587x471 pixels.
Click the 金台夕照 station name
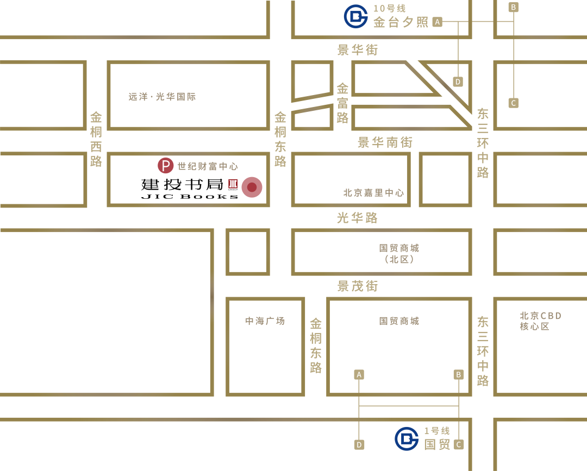click(x=401, y=22)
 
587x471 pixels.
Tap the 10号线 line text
click(x=389, y=8)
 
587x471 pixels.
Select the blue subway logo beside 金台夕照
click(x=356, y=16)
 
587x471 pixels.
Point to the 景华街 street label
click(x=357, y=50)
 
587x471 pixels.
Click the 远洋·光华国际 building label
click(x=162, y=97)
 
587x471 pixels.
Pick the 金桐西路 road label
click(x=96, y=139)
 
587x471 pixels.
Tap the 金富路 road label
click(x=342, y=103)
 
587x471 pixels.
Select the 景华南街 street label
click(x=385, y=142)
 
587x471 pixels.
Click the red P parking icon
click(x=166, y=166)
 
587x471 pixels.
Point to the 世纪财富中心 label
click(x=208, y=166)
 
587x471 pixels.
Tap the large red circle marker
click(x=252, y=187)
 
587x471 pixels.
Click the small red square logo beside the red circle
click(x=233, y=184)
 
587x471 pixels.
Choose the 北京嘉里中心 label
click(x=374, y=193)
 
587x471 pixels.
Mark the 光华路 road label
click(x=357, y=218)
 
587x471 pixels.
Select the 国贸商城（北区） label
click(x=399, y=253)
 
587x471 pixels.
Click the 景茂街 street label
click(x=357, y=286)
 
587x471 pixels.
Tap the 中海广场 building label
click(x=265, y=321)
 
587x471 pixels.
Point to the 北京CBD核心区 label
click(x=540, y=321)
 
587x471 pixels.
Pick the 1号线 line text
click(x=437, y=431)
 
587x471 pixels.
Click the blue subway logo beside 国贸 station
click(x=407, y=438)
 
